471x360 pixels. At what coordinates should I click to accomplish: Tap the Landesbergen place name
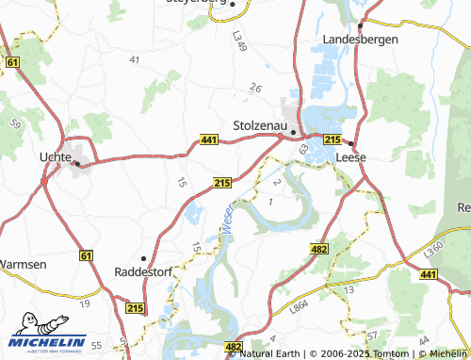[361, 40]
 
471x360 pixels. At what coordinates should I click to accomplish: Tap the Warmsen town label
[21, 265]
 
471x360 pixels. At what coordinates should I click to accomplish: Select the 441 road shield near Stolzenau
[209, 139]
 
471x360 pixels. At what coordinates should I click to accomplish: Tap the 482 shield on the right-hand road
[317, 247]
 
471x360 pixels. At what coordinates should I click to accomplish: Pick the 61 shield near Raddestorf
[86, 255]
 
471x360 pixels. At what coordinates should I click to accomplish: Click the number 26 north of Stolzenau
[255, 88]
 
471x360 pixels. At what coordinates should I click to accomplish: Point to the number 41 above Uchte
[135, 59]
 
